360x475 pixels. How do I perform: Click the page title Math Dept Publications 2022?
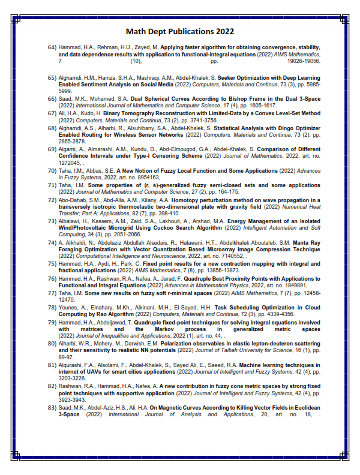pos(180,31)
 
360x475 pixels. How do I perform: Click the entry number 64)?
pos(52,47)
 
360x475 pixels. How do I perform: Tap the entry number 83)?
pos(52,408)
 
